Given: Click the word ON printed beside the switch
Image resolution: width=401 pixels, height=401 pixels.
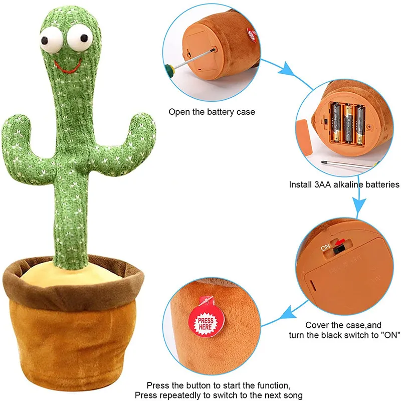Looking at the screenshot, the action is pos(325,247).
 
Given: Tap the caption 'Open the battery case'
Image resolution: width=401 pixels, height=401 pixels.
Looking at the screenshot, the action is pos(212,112).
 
